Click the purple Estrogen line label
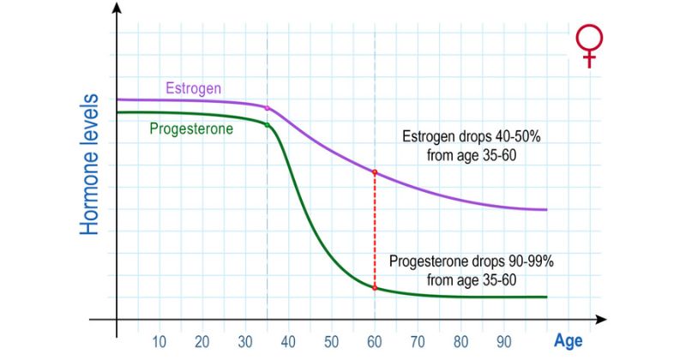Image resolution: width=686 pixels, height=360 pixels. click(194, 87)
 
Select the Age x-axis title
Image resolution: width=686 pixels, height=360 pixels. click(568, 340)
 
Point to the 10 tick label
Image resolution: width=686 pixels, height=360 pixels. click(159, 340)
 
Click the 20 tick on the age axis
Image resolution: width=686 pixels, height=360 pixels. click(202, 340)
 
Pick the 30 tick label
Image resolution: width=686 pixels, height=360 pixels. click(245, 340)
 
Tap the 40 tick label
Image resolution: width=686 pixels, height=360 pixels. click(288, 340)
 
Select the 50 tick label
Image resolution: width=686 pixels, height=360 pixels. click(331, 340)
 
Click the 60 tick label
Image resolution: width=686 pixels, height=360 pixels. click(375, 340)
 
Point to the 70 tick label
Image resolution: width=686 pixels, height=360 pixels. click(418, 340)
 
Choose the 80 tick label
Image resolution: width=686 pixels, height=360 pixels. click(460, 340)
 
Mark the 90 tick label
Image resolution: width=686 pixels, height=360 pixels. click(503, 340)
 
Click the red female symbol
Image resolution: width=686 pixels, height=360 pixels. click(588, 45)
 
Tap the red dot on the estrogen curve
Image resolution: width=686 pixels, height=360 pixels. click(375, 172)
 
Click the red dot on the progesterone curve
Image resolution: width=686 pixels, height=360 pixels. click(375, 287)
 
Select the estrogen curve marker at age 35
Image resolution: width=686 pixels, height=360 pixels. click(268, 108)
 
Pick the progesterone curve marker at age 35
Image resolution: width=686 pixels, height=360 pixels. click(268, 125)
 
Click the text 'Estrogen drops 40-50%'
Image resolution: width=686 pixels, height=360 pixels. click(460, 136)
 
